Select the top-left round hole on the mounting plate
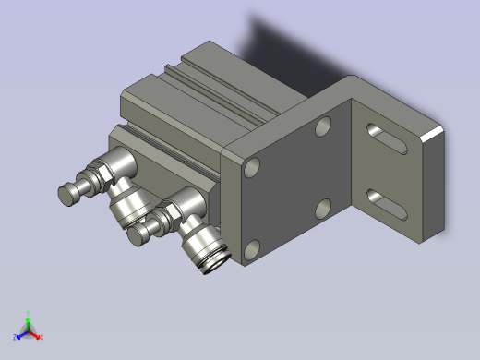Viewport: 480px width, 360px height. point(252,168)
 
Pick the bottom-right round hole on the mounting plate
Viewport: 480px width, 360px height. point(322,209)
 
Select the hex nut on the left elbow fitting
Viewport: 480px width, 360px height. point(94,175)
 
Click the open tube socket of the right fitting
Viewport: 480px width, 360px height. point(211,261)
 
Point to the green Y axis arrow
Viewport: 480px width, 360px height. point(29,317)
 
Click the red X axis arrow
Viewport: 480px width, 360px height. point(38,335)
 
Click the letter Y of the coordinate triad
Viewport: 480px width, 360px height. point(29,312)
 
